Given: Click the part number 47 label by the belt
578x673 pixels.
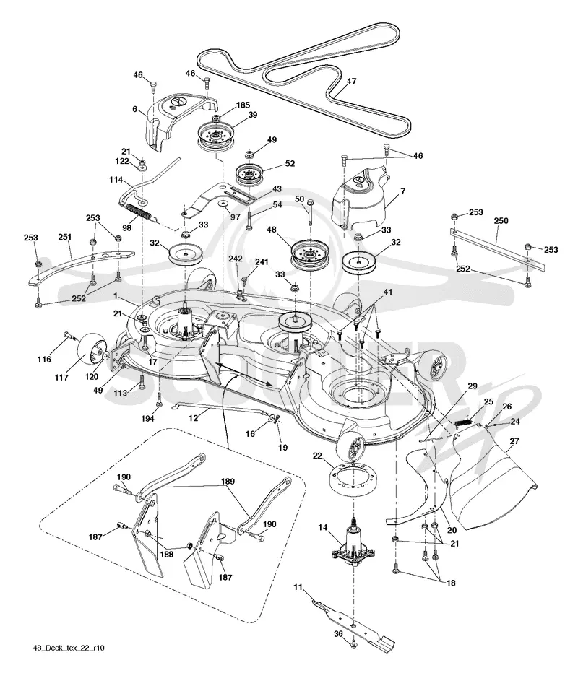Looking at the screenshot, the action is (352, 81).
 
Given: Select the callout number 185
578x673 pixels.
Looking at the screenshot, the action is (243, 105).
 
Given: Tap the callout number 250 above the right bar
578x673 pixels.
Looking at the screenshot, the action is (501, 221).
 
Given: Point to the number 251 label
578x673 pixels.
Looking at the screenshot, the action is (65, 237).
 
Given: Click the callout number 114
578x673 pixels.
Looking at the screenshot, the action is (116, 180).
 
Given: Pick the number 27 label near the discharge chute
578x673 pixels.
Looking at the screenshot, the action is (514, 440).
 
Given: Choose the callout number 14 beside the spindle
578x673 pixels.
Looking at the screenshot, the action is (323, 528).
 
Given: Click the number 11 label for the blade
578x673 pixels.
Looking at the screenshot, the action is (298, 587).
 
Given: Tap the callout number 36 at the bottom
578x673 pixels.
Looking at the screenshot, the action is (338, 634).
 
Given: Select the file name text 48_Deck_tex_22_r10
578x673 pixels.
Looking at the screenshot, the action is (69, 648).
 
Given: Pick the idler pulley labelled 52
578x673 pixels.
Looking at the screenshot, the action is (249, 174).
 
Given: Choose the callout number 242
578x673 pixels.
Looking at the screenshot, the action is (236, 259).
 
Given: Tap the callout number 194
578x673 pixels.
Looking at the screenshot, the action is (147, 418).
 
